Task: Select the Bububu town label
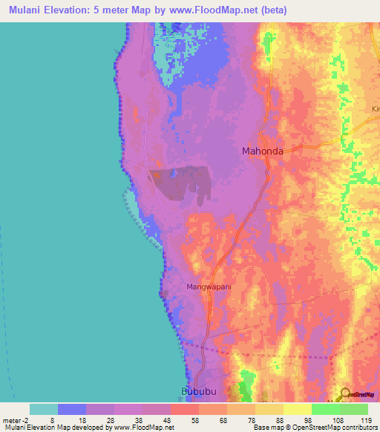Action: (197, 391)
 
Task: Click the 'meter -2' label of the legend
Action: (16, 419)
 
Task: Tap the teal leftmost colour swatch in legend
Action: (44, 409)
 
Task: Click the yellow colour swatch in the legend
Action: (298, 409)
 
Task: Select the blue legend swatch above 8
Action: (72, 409)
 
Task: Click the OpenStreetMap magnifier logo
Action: (345, 394)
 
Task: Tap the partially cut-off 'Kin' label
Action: (375, 109)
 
